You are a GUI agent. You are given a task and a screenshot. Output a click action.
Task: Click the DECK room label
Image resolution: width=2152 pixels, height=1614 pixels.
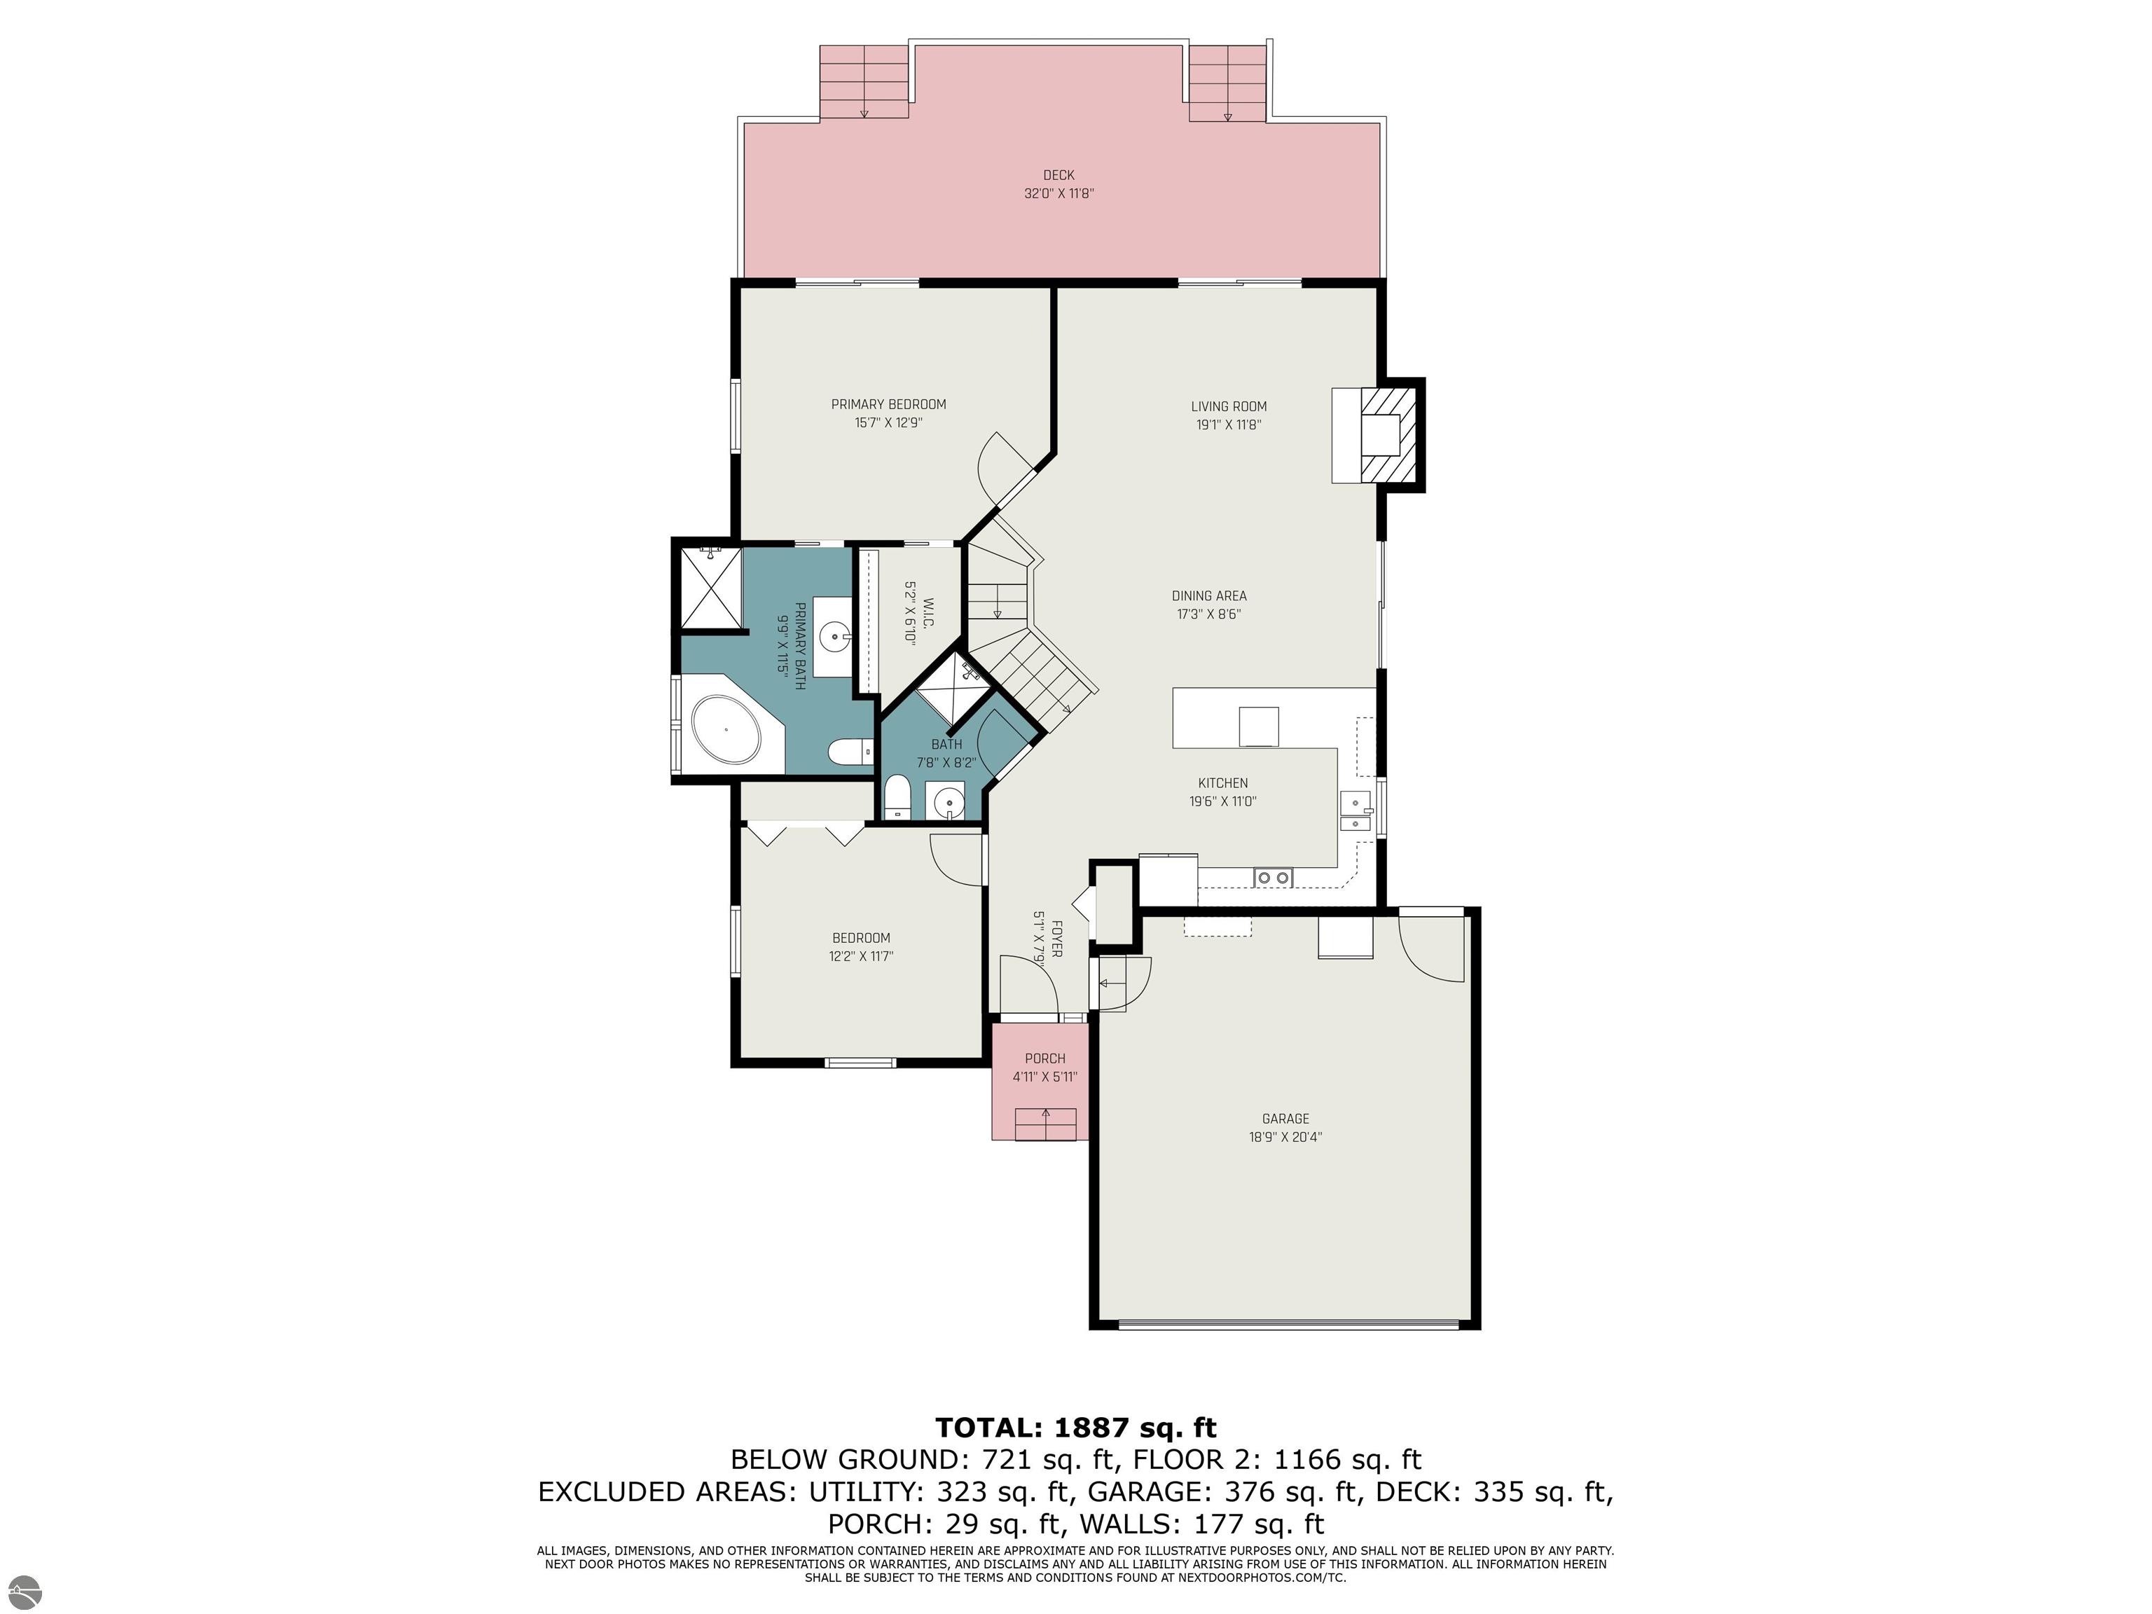coord(1058,175)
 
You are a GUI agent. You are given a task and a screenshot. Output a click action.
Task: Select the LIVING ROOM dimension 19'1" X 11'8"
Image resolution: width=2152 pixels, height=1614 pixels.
coord(1229,425)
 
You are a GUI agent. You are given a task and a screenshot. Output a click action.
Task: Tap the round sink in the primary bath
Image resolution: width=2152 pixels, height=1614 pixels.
coord(155,639)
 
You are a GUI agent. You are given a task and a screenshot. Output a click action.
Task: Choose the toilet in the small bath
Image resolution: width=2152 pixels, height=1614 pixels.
coord(897,798)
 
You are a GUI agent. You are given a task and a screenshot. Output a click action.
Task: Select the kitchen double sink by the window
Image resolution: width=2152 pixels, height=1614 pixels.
coord(1356,811)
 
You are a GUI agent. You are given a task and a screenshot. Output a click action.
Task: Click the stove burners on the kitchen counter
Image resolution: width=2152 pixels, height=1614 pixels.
coord(1274,878)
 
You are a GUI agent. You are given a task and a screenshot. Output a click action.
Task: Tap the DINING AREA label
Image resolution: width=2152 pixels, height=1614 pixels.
coord(1208,596)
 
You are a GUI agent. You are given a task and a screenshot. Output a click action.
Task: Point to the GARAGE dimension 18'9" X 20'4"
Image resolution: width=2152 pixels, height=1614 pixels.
coord(1285,1136)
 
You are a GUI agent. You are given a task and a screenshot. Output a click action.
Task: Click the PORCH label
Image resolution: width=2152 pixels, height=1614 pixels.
coord(1045,1058)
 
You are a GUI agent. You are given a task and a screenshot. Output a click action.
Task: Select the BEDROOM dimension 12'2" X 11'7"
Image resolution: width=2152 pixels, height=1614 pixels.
coord(861,956)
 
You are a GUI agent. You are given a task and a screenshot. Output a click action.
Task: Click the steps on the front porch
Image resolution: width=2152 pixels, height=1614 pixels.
coord(1046,1124)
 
